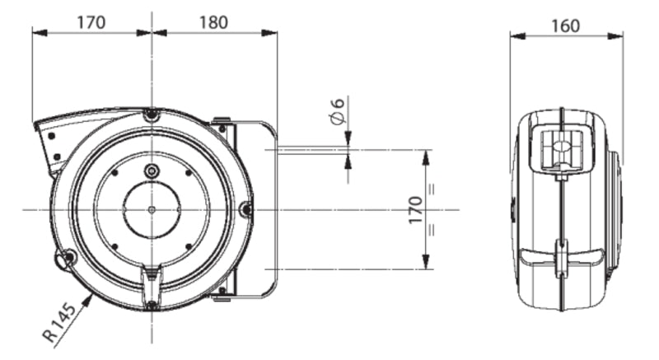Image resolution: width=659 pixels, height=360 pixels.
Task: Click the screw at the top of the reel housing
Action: coord(151,115)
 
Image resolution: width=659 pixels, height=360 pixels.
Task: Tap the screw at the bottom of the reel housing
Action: coord(152,305)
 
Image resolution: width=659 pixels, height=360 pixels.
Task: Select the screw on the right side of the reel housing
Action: coord(245,209)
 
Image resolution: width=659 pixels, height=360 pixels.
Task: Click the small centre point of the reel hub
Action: coord(152,209)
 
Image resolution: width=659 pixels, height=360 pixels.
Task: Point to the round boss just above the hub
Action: coord(152,171)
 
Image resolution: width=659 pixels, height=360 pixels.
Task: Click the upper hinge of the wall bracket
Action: coord(221,124)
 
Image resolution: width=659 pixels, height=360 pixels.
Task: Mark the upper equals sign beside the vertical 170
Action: coord(432,189)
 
